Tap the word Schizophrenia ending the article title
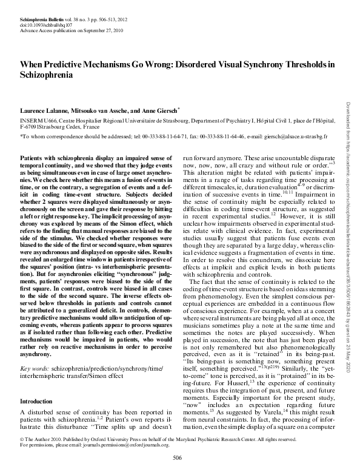pyautogui.click(x=47, y=76)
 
